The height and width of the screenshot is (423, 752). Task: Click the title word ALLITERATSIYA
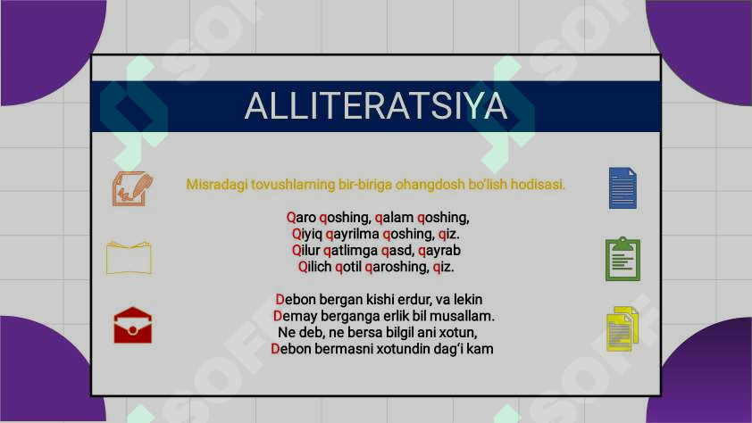click(x=375, y=105)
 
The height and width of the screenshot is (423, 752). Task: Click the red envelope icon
click(x=132, y=326)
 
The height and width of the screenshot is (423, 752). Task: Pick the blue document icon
click(x=622, y=187)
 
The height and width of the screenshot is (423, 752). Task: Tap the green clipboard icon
click(x=622, y=260)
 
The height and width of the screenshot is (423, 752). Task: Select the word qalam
click(x=394, y=217)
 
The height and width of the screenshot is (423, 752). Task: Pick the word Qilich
click(x=316, y=266)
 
